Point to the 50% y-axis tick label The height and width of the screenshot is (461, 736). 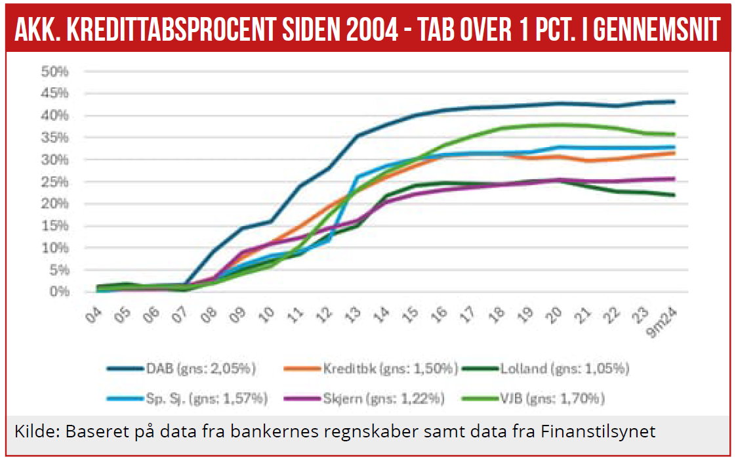[56, 71]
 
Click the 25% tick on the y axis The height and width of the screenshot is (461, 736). [56, 181]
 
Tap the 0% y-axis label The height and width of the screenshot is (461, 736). [60, 292]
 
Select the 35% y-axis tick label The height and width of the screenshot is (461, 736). [56, 137]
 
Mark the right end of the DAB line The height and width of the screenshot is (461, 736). [674, 102]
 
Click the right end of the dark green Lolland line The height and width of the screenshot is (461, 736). [674, 195]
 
